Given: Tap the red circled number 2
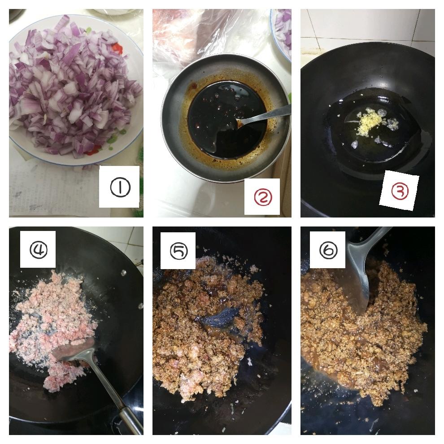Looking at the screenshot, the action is pos(263,197).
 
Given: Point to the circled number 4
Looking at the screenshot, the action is pos(39,249).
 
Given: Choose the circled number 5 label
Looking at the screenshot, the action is pos(178,251).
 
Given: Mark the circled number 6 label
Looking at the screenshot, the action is pos(328,250).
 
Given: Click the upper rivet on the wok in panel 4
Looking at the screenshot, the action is pos(123,273).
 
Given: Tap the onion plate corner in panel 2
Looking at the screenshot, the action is pos(281,33).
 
